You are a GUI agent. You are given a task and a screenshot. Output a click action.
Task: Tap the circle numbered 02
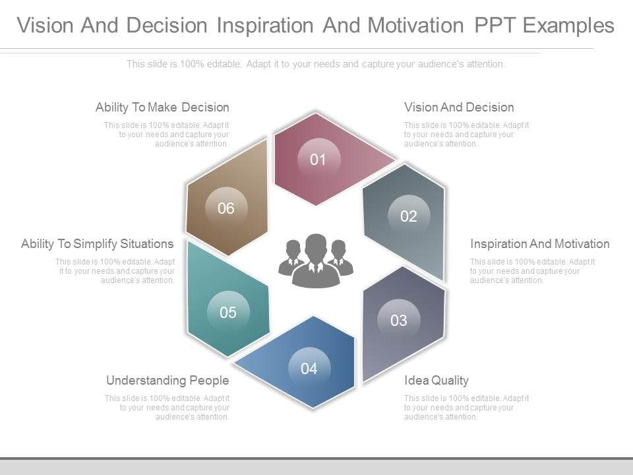409,216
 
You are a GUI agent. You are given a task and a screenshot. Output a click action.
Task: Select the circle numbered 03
399,321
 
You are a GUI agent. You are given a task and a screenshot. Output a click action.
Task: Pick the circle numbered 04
310,368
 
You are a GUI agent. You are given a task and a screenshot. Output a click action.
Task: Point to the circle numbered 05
228,312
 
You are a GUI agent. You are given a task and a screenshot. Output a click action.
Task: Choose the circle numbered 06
226,208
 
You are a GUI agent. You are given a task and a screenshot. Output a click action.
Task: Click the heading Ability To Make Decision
162,108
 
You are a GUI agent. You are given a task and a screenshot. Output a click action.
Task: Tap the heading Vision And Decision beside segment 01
459,108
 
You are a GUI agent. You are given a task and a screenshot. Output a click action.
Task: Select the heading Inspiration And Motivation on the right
540,244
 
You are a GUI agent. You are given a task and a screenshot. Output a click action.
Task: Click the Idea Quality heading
437,381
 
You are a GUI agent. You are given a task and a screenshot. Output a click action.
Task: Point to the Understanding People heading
167,381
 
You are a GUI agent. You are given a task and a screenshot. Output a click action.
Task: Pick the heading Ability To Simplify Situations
98,244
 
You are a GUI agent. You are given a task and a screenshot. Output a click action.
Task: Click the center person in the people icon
316,261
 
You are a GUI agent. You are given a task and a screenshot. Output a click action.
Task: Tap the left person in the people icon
291,257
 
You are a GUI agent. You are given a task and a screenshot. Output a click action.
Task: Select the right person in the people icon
340,257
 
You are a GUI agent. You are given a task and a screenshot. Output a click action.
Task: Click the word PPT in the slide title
495,25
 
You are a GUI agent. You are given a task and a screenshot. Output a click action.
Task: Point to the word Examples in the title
569,26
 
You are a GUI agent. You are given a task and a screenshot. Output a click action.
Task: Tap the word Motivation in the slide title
415,25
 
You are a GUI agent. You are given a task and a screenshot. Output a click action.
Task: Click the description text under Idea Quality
466,408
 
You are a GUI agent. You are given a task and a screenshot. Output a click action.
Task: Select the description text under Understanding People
167,408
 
